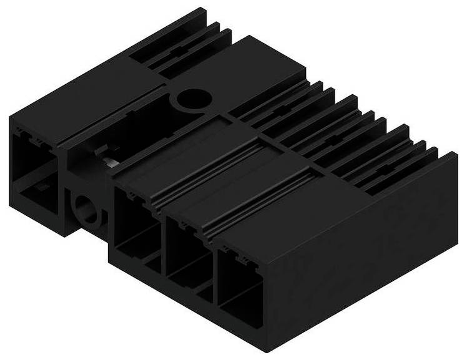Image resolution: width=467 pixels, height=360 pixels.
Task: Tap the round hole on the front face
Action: pos(86,209)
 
